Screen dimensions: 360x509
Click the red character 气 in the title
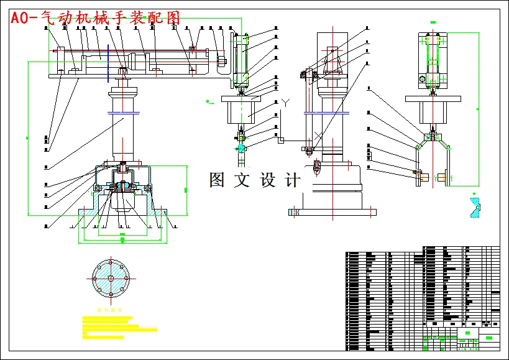[48, 18]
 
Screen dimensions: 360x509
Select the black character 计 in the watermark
[292, 180]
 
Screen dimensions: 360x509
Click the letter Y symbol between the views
[285, 102]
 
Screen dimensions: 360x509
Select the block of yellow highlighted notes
[115, 326]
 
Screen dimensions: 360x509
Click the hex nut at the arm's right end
[221, 62]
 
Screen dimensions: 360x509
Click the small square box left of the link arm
[281, 141]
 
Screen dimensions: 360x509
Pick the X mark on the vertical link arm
[318, 135]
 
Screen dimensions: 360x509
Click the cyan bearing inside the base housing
[123, 185]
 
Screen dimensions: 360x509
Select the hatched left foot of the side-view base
[295, 212]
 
